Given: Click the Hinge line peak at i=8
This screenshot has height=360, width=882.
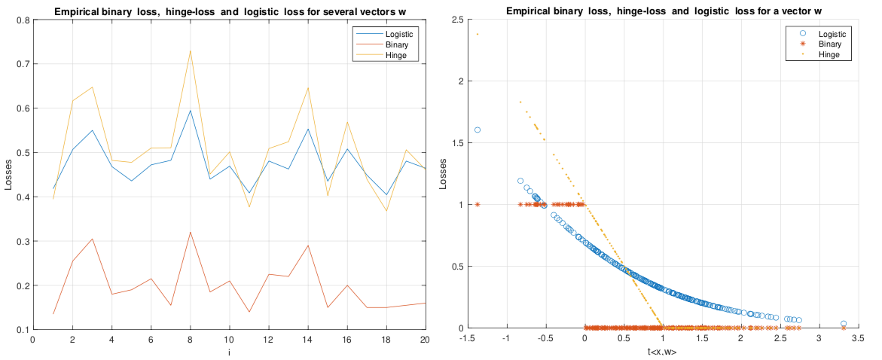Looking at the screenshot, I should coord(190,50).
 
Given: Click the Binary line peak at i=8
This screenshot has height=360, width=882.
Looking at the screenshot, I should coord(190,232).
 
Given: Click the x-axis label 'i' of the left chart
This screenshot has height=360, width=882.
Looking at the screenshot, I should coord(229,351).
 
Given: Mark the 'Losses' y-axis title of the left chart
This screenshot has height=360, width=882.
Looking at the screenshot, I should coord(8,175).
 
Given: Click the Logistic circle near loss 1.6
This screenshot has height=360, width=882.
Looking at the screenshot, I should coord(478,130).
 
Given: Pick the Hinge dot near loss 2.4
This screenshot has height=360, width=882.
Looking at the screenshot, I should coord(478,34).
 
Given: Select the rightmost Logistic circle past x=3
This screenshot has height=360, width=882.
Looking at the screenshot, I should coord(844,324).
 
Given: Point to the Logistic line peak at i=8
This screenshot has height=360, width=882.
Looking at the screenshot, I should coord(190,111).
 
